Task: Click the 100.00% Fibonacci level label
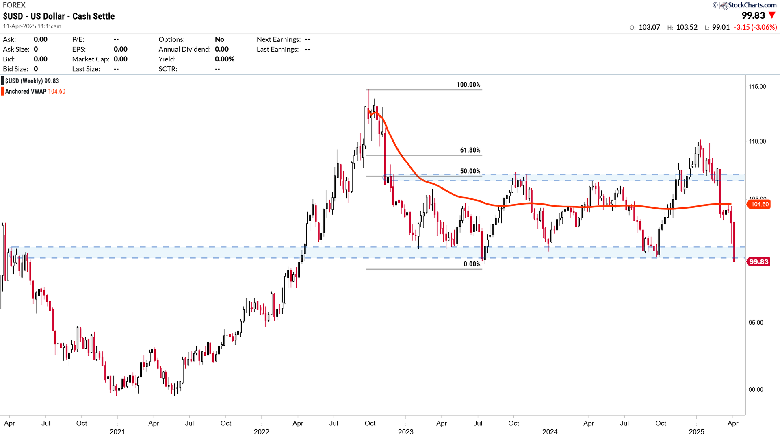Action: (x=468, y=85)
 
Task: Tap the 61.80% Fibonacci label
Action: (x=470, y=150)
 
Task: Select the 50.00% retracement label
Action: (x=470, y=171)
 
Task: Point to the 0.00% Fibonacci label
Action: (x=472, y=264)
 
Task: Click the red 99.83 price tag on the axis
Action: (x=758, y=261)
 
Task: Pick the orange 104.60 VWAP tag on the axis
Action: (x=759, y=204)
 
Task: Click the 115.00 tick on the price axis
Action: (x=757, y=87)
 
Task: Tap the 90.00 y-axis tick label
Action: (x=756, y=390)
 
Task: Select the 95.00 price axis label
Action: (x=756, y=323)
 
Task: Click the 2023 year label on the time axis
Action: (x=405, y=432)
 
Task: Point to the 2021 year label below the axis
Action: (x=117, y=432)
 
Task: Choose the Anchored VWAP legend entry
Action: (x=35, y=92)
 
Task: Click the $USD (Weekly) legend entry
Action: (x=32, y=81)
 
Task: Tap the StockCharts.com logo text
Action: (x=752, y=5)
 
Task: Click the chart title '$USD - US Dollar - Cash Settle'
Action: (x=59, y=16)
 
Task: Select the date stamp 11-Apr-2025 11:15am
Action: (x=32, y=26)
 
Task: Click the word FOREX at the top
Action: (x=14, y=5)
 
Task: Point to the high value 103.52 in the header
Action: (x=687, y=27)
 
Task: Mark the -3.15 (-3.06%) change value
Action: (x=755, y=27)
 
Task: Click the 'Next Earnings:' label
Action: (x=279, y=39)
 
